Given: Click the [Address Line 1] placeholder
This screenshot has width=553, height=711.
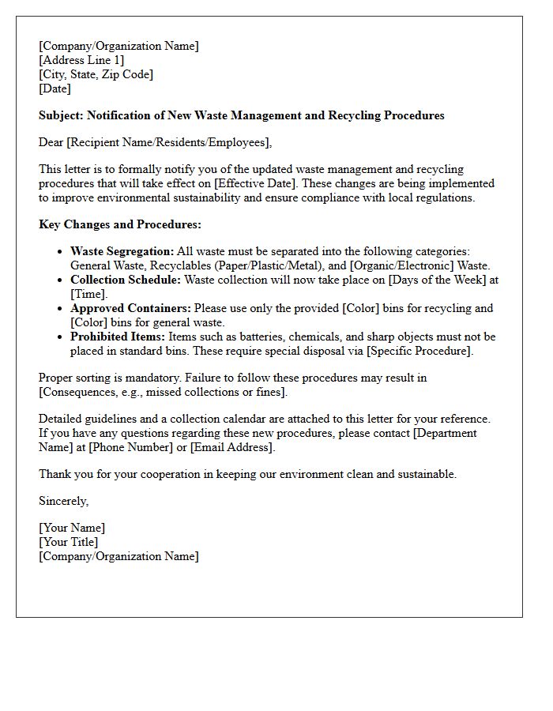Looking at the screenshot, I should pyautogui.click(x=81, y=60).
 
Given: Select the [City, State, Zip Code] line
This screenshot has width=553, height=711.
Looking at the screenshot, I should pyautogui.click(x=96, y=74).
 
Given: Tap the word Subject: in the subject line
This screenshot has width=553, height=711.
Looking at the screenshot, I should pyautogui.click(x=61, y=115).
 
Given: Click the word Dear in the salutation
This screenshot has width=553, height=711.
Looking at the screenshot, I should pyautogui.click(x=51, y=142).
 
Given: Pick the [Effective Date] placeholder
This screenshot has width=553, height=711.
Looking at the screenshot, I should pyautogui.click(x=258, y=183).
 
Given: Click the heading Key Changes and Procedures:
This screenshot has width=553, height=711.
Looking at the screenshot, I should pyautogui.click(x=120, y=224).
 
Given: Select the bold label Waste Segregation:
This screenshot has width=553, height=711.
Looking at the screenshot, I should pyautogui.click(x=122, y=251).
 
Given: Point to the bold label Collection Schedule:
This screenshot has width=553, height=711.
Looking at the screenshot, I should pyautogui.click(x=126, y=280).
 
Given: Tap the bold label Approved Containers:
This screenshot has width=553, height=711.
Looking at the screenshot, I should pyautogui.click(x=130, y=308).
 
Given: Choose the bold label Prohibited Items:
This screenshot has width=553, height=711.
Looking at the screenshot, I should pyautogui.click(x=118, y=337).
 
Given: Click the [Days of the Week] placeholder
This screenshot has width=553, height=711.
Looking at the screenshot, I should pyautogui.click(x=446, y=280).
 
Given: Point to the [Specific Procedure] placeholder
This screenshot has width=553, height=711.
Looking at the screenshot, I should pyautogui.click(x=424, y=351).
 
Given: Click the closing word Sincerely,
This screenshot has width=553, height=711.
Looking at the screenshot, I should pyautogui.click(x=64, y=501).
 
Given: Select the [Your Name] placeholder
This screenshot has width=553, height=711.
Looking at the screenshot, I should pyautogui.click(x=72, y=528).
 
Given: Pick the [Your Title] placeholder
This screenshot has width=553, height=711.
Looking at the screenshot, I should pyautogui.click(x=69, y=542).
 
